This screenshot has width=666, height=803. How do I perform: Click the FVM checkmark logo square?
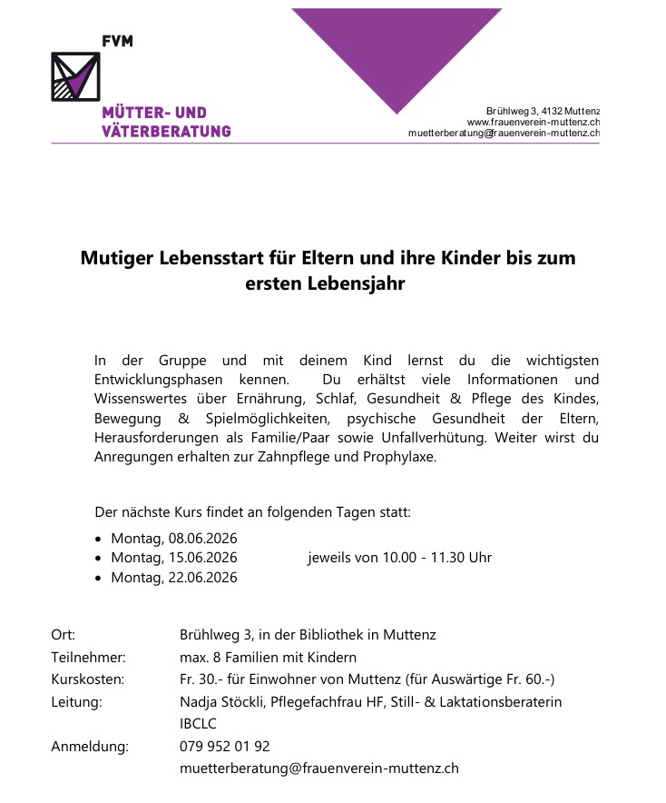tap(75, 76)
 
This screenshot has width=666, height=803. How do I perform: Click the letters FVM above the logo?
tap(118, 42)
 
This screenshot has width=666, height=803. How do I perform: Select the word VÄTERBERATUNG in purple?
tap(166, 132)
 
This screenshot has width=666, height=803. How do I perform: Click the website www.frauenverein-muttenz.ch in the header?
tap(533, 122)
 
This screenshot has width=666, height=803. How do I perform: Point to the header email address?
tap(504, 133)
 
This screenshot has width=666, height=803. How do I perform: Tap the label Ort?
tap(64, 635)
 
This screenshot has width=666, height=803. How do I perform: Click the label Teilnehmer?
tap(88, 657)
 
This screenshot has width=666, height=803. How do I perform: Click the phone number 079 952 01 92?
tap(225, 747)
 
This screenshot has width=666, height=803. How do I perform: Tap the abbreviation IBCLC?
tap(199, 724)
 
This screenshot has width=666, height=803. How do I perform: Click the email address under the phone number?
tap(319, 768)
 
